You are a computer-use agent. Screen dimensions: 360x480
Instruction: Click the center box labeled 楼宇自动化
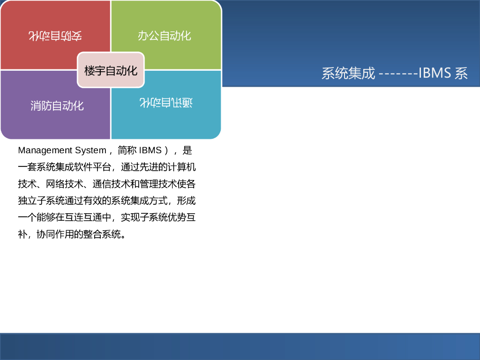[111, 70]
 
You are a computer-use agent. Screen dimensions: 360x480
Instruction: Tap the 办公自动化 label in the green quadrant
[165, 36]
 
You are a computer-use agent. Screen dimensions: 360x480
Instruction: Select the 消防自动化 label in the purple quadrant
[57, 105]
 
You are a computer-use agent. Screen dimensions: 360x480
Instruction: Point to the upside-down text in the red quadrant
[55, 36]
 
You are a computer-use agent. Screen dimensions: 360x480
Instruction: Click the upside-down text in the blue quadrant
[166, 102]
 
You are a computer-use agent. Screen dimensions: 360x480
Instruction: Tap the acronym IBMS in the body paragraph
[150, 150]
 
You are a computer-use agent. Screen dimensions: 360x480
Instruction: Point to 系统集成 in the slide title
[348, 73]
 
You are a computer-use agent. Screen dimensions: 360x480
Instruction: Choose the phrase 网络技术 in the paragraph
[65, 184]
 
